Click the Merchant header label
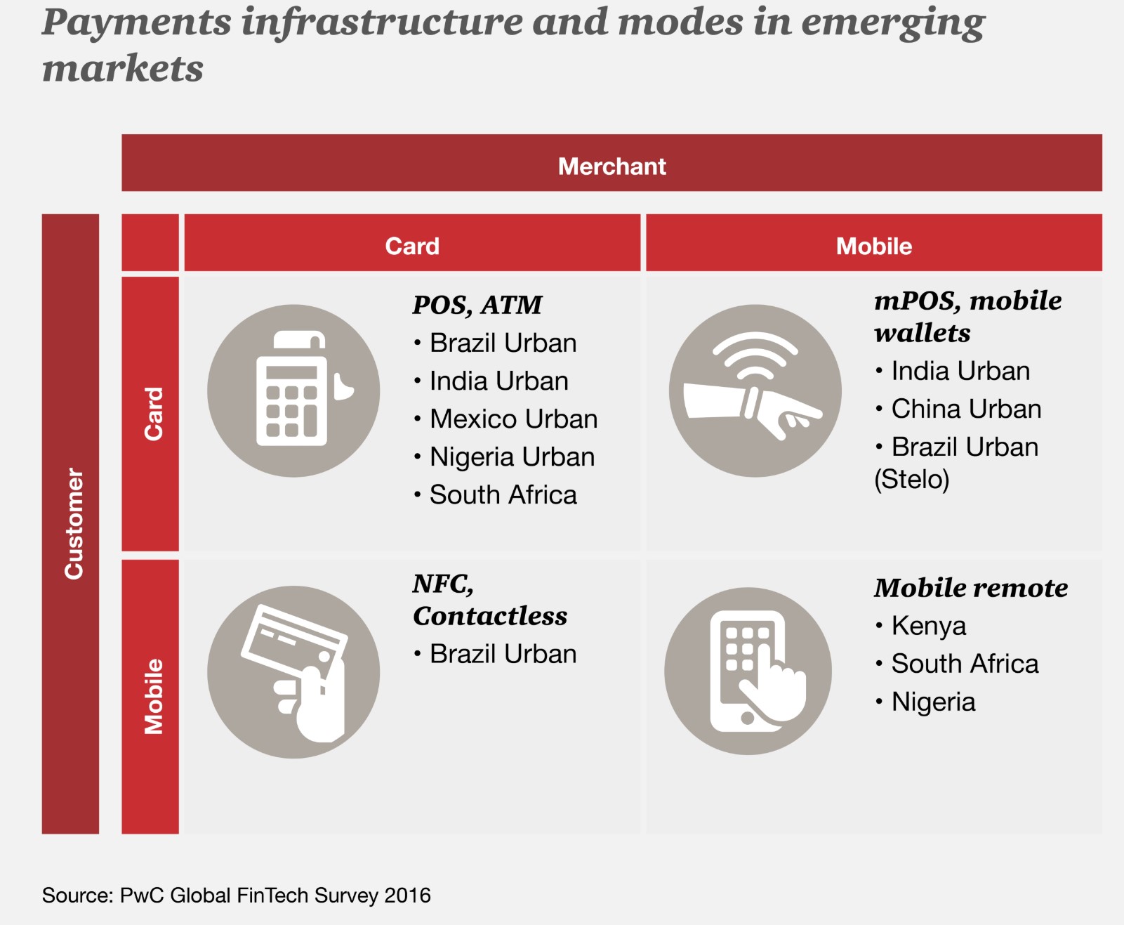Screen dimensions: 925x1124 click(611, 166)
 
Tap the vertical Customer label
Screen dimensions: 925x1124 click(74, 524)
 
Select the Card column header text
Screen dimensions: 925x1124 click(412, 247)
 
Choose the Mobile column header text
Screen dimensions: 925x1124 click(873, 247)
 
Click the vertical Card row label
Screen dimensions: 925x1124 click(153, 414)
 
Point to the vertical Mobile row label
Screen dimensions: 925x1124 click(153, 696)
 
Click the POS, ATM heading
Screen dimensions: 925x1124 click(477, 305)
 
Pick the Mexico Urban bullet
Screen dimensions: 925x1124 click(513, 419)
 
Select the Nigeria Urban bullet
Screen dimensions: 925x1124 click(512, 457)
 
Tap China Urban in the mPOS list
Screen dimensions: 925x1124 click(965, 409)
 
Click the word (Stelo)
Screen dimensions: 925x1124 click(911, 480)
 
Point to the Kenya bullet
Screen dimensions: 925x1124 click(928, 626)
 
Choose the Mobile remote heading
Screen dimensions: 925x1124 click(970, 588)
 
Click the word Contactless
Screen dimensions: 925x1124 click(490, 616)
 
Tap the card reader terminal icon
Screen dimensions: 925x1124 click(293, 391)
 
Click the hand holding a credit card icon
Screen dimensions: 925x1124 click(293, 672)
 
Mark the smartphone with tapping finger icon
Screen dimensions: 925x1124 click(748, 671)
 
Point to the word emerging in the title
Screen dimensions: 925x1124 click(892, 22)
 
